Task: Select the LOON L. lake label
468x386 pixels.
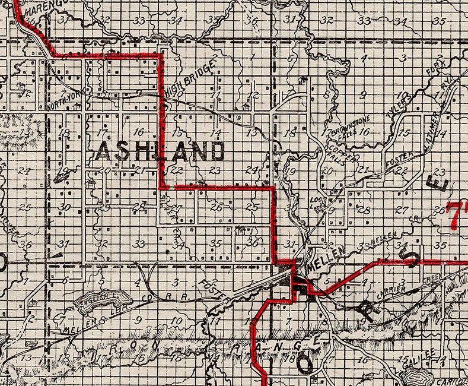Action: (316, 204)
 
